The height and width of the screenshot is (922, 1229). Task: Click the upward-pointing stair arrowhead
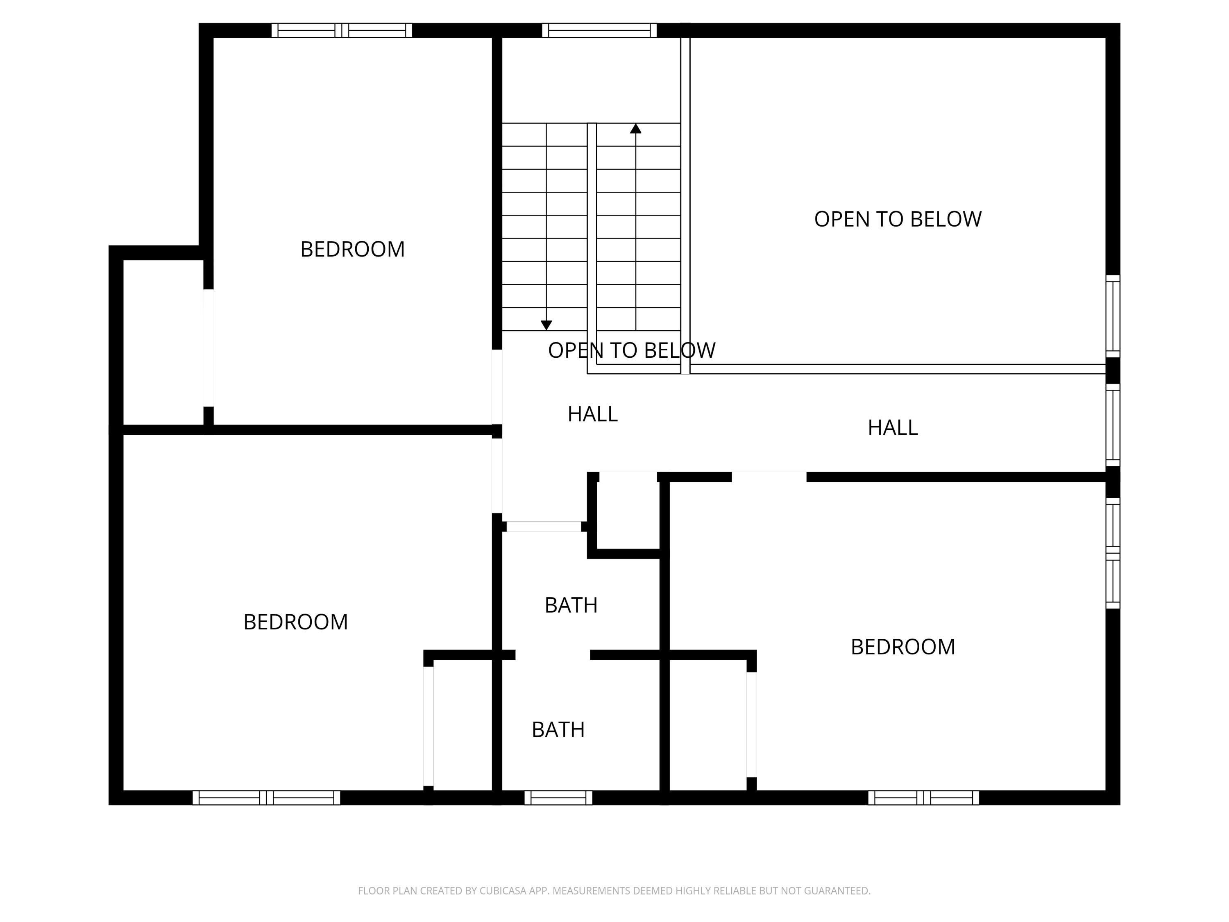pos(636,128)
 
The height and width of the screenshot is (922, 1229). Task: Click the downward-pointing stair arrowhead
pos(546,325)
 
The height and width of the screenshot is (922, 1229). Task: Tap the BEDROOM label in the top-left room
pos(352,249)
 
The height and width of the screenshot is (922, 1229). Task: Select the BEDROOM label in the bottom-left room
pos(296,622)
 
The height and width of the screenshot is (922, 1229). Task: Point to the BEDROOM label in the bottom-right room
pos(903,647)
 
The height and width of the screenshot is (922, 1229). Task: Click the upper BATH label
pos(571,605)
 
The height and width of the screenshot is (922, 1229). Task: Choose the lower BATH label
pos(558,730)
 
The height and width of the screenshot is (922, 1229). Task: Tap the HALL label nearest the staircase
pos(593,414)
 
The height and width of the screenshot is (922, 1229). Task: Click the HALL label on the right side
pos(893,427)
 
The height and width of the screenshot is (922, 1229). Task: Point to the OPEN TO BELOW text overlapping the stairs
pos(632,350)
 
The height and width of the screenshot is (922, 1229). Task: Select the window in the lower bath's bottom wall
pos(558,797)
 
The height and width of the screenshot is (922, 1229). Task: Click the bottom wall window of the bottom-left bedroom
pos(266,797)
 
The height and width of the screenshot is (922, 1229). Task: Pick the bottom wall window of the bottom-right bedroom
pos(923,797)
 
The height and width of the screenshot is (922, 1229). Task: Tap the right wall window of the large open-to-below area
pos(1113,316)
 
